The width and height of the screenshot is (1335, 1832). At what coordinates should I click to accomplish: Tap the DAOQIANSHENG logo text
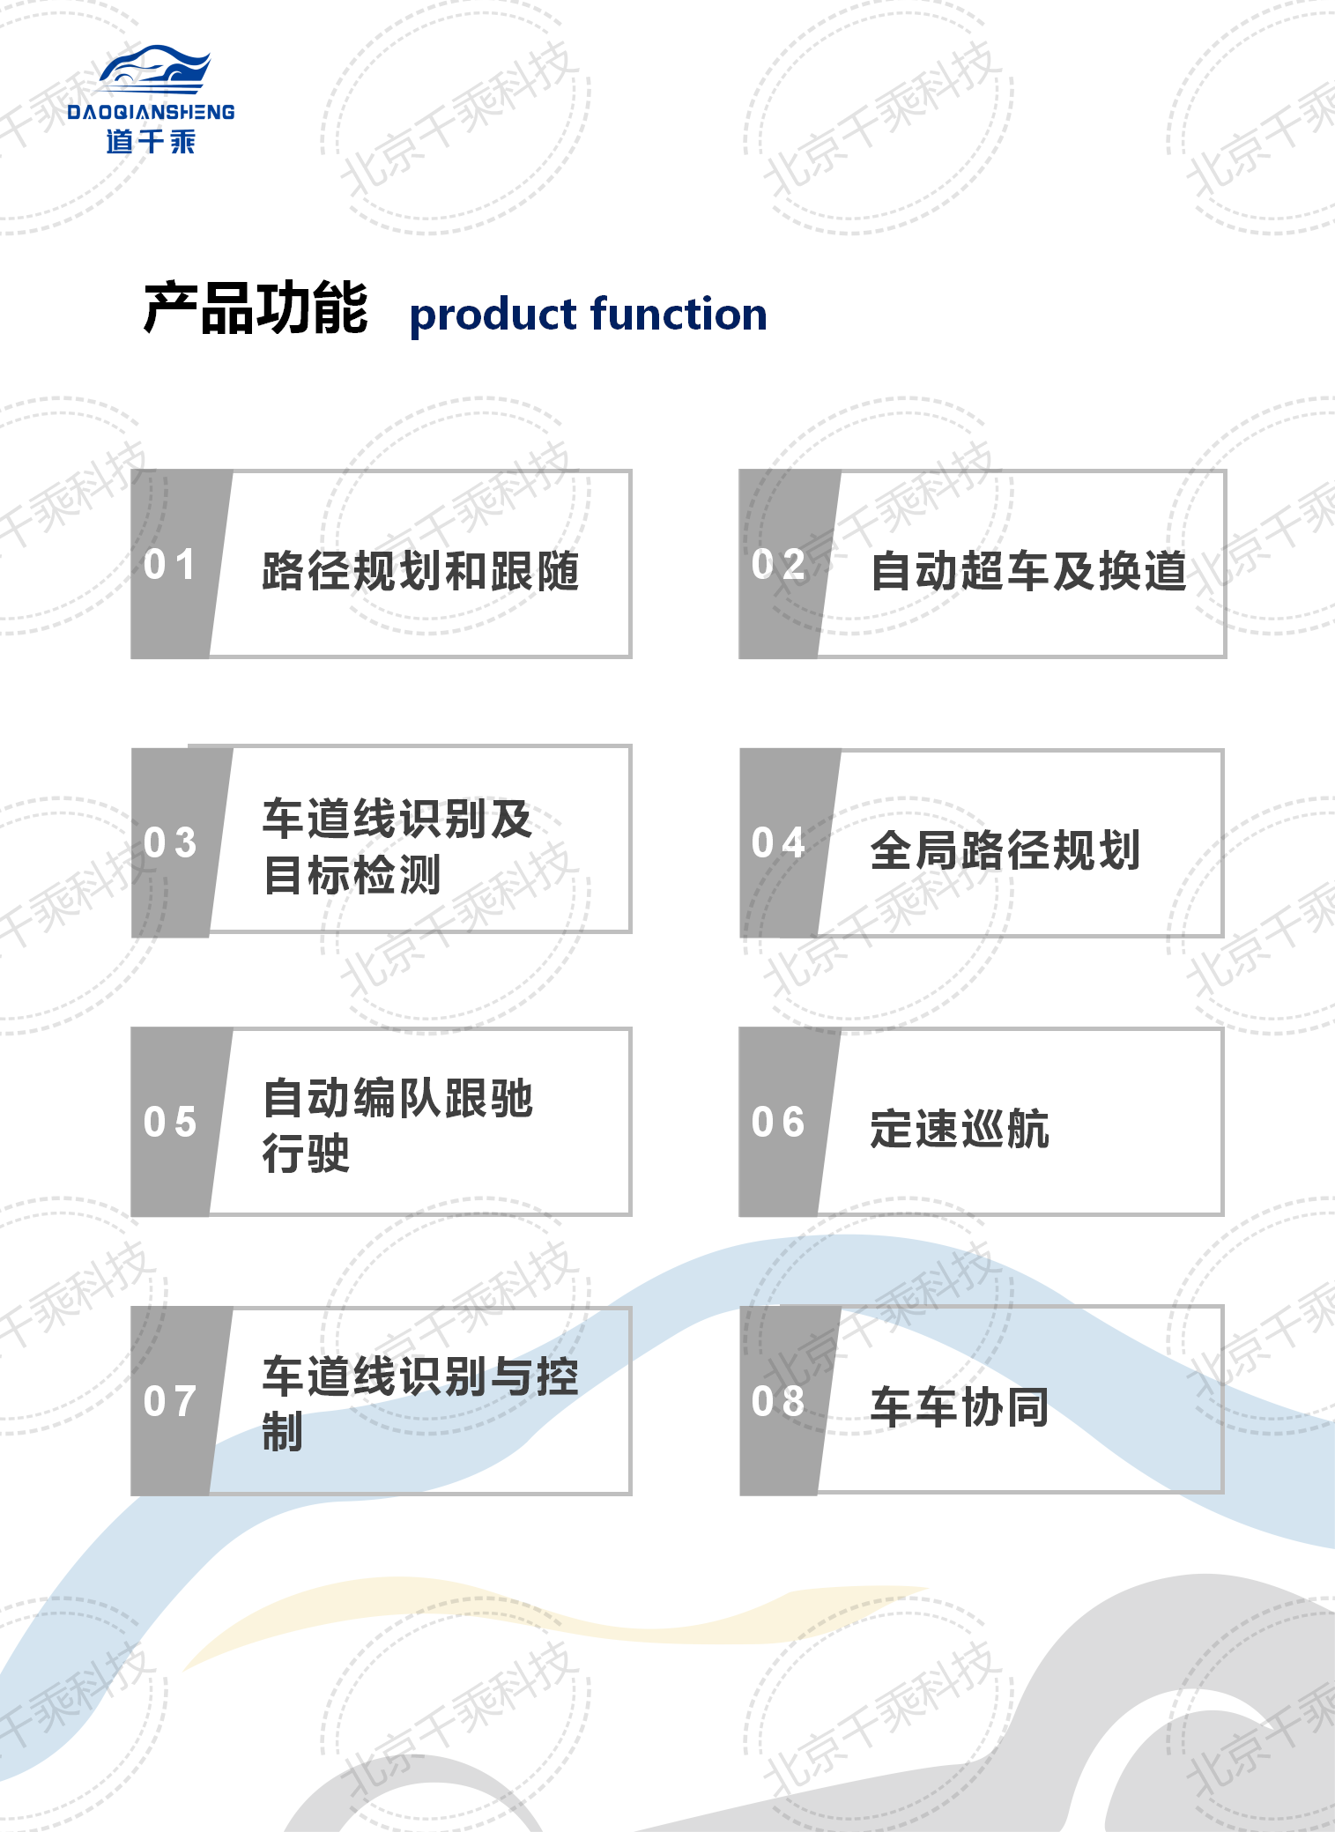pos(151,112)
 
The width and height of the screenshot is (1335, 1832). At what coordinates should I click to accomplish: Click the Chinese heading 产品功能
pos(256,308)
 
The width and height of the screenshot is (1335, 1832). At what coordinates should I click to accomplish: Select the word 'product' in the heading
pos(493,315)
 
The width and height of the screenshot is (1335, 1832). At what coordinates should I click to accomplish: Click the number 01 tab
pos(170,564)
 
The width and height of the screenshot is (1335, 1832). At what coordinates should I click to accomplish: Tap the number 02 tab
pos(778,564)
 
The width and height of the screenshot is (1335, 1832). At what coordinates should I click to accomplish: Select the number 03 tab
pos(170,842)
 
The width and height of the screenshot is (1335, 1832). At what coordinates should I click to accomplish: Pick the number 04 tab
pos(778,842)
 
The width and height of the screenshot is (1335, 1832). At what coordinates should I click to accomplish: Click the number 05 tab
pos(170,1122)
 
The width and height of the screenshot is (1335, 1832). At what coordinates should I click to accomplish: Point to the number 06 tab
pos(778,1122)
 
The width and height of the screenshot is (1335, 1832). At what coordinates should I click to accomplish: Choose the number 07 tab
pos(170,1401)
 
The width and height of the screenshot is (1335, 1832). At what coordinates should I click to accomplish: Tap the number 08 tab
pos(778,1401)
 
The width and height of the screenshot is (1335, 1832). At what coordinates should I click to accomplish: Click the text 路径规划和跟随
pos(420,571)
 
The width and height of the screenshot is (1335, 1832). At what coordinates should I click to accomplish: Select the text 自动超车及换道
pos(1028,571)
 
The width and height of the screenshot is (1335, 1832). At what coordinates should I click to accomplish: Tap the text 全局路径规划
pos(1005,850)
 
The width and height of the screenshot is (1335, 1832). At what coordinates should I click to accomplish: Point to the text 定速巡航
pos(960,1129)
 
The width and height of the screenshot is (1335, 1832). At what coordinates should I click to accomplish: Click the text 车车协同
pos(960,1407)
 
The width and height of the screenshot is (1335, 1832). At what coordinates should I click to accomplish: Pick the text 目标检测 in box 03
pos(352,876)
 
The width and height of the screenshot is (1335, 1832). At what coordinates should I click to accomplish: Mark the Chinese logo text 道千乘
pos(151,141)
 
